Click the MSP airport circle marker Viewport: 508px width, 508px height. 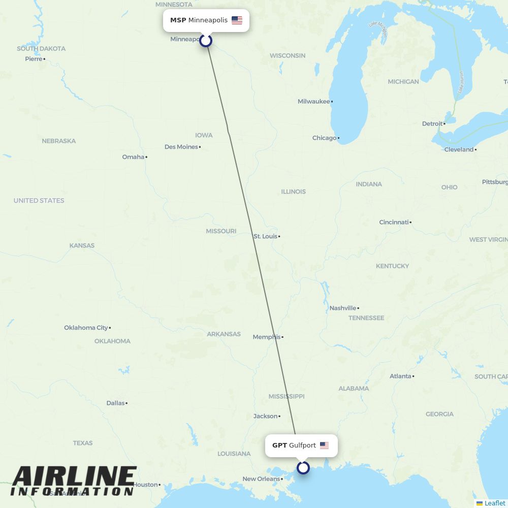pyautogui.click(x=206, y=40)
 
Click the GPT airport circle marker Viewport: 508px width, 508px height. pyautogui.click(x=303, y=467)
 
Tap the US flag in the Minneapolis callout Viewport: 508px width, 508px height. pyautogui.click(x=237, y=20)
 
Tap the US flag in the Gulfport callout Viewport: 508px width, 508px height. pyautogui.click(x=324, y=446)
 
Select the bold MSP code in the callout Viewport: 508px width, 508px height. pyautogui.click(x=178, y=20)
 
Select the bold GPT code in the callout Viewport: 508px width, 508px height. pyautogui.click(x=279, y=446)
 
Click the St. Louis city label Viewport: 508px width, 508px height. pyautogui.click(x=266, y=236)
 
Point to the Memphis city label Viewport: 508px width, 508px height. pyautogui.click(x=267, y=337)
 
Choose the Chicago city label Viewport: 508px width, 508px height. pyautogui.click(x=325, y=138)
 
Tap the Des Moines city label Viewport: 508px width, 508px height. pyautogui.click(x=181, y=147)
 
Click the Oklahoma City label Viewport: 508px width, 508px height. pyautogui.click(x=86, y=328)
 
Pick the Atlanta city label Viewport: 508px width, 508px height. pyautogui.click(x=400, y=376)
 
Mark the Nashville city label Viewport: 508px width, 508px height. pyautogui.click(x=343, y=308)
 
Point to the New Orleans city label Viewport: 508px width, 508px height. pyautogui.click(x=261, y=479)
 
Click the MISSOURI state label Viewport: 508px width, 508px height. pyautogui.click(x=221, y=231)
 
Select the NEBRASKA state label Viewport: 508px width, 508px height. pyautogui.click(x=59, y=141)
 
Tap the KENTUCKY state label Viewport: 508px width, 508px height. pyautogui.click(x=392, y=266)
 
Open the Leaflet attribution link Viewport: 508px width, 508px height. pyautogui.click(x=494, y=503)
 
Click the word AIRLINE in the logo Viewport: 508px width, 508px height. pyautogui.click(x=74, y=478)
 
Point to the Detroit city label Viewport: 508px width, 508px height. pyautogui.click(x=432, y=123)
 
